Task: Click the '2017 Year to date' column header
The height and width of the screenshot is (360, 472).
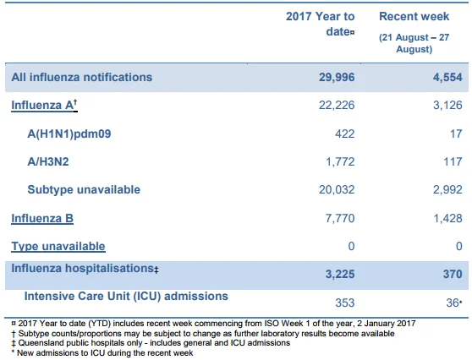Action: (x=321, y=24)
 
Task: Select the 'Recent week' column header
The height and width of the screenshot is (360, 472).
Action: (x=414, y=16)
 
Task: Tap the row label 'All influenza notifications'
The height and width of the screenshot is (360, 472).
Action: (x=82, y=77)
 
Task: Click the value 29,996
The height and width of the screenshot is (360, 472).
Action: (x=337, y=77)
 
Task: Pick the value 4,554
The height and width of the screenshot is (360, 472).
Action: (x=447, y=77)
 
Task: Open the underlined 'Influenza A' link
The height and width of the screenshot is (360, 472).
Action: (x=44, y=106)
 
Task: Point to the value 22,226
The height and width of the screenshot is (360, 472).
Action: (x=337, y=106)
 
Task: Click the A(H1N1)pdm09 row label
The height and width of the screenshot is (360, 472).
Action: (x=69, y=134)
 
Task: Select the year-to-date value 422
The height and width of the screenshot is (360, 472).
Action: (x=345, y=134)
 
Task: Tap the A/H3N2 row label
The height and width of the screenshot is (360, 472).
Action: (x=48, y=161)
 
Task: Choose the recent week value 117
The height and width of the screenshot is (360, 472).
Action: (x=453, y=161)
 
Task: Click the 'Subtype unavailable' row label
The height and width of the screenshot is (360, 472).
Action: (x=84, y=190)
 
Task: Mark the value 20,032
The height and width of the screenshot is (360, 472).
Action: (x=337, y=190)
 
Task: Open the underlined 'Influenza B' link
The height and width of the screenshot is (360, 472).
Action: (x=42, y=218)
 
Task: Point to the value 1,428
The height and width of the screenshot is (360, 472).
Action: (x=447, y=218)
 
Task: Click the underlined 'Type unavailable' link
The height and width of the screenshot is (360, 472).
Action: (x=58, y=246)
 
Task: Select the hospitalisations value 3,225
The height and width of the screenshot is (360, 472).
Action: (x=340, y=274)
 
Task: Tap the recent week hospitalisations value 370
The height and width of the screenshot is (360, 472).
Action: (x=453, y=274)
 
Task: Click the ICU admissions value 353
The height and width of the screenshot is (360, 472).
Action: (x=345, y=303)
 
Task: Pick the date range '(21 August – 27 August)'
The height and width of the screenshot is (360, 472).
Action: (x=414, y=43)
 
